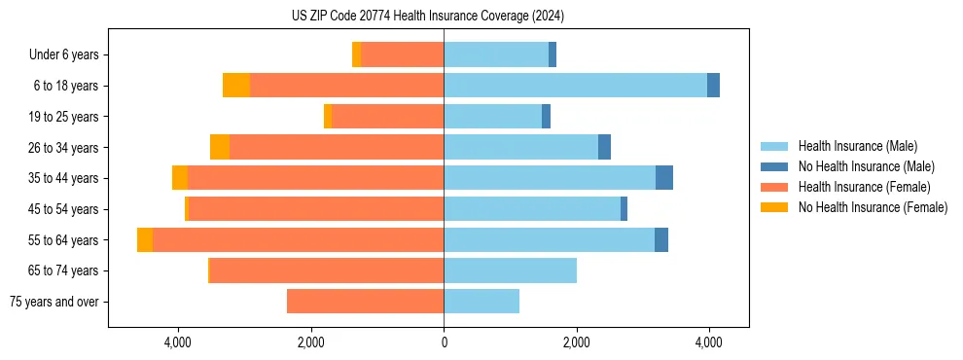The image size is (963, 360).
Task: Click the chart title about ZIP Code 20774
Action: coord(428,17)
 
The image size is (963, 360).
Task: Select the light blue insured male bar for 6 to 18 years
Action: coord(575,86)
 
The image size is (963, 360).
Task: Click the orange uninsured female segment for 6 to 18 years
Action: coord(236,86)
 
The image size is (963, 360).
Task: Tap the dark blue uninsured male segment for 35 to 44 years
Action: coord(664,178)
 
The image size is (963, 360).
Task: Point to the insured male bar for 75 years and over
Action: coord(481,302)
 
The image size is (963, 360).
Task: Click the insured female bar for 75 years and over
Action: coord(365,302)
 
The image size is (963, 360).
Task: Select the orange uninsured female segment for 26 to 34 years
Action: coord(220,147)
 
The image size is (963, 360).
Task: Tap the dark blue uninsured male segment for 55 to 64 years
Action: coord(661,239)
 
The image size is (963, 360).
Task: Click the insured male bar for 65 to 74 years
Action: coord(510,270)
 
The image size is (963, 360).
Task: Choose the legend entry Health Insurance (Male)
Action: coord(857,146)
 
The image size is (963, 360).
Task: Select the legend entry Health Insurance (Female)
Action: coord(861,187)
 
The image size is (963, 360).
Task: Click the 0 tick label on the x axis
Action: coord(444,343)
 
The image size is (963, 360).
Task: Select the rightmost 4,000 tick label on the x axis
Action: coord(709,343)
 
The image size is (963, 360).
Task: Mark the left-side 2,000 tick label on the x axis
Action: coord(310,343)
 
